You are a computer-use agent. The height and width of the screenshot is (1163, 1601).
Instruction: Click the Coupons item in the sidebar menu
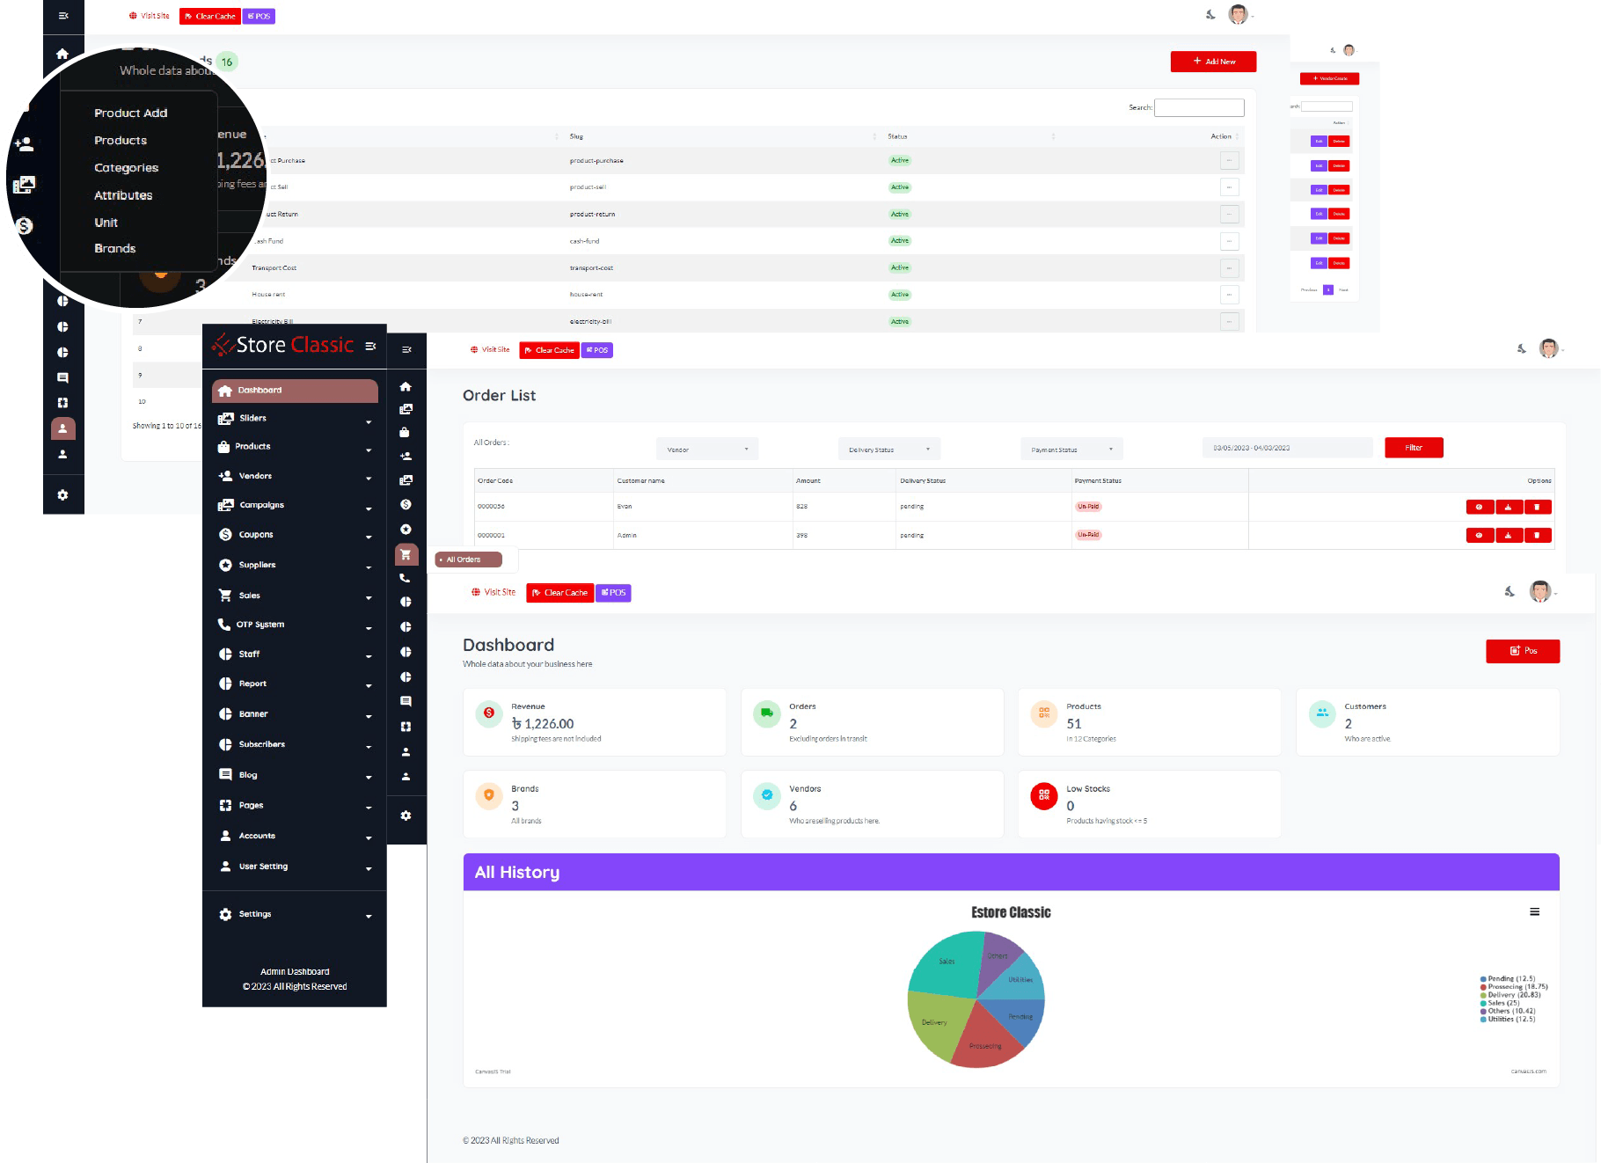[256, 535]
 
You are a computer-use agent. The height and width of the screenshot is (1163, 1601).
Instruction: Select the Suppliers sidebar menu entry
[257, 565]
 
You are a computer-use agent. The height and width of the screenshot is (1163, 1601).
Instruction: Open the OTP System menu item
[260, 625]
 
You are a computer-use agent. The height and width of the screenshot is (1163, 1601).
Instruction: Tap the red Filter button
[1414, 448]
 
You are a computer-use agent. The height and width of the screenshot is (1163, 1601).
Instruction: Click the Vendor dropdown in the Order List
[707, 450]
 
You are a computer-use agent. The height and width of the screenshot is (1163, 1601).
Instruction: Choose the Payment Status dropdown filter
[1071, 450]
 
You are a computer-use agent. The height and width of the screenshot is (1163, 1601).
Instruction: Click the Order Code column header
[495, 481]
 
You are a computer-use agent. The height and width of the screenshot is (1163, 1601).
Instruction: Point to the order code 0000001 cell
[491, 535]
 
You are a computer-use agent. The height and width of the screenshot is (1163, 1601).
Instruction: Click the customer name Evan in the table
[625, 507]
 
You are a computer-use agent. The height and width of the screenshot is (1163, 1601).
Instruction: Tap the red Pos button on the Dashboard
[1523, 651]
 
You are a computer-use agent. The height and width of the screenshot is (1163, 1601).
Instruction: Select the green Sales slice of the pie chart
[946, 963]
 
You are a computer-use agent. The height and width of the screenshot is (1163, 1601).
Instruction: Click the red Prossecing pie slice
[983, 1042]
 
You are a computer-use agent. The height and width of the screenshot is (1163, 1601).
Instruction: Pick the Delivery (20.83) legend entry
[1514, 995]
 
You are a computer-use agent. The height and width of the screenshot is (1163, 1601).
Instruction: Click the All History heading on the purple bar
[517, 873]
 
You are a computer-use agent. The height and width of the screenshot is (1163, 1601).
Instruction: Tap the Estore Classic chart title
[1011, 912]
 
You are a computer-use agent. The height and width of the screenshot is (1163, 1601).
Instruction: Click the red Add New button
[1213, 62]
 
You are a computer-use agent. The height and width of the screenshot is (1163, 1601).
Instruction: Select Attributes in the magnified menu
[123, 195]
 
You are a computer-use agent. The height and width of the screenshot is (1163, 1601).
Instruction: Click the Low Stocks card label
[1088, 789]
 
